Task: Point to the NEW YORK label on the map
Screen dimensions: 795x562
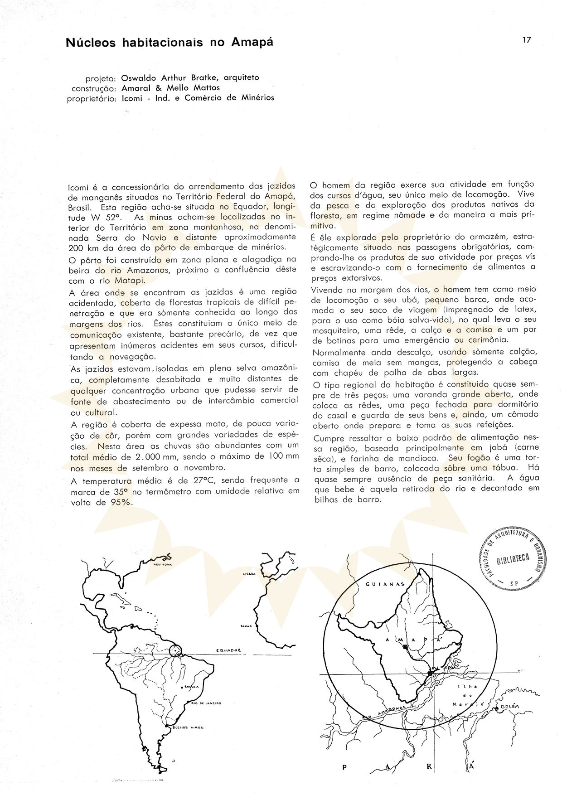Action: coord(162,565)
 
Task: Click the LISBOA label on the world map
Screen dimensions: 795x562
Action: coord(250,573)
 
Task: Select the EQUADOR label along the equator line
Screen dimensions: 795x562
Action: coord(228,650)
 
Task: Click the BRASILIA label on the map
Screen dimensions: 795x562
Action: coord(190,687)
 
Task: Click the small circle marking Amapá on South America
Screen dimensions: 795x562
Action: coord(175,652)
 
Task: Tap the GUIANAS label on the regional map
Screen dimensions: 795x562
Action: coord(385,584)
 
